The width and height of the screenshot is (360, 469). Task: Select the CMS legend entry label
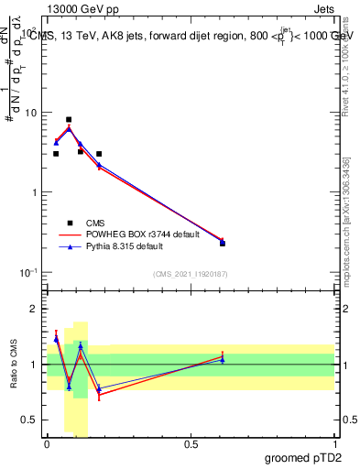95,223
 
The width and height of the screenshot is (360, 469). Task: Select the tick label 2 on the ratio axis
33,310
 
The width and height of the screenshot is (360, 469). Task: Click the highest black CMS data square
69,119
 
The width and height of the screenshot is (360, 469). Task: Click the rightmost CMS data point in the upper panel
223,244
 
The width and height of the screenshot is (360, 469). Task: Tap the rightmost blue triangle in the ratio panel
223,359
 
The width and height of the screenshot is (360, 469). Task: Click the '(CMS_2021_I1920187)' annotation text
190,274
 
